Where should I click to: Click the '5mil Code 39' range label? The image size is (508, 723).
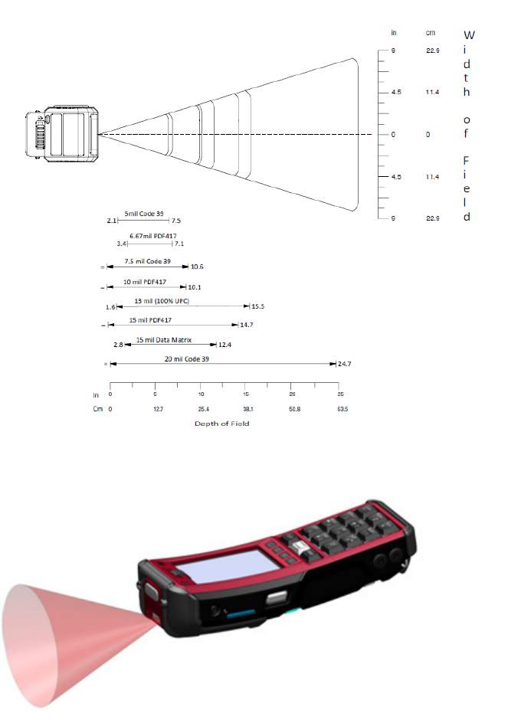tap(143, 214)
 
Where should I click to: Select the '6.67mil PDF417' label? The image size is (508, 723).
tap(152, 236)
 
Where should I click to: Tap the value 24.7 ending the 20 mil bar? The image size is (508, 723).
tap(344, 364)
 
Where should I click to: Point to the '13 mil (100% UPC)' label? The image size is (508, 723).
tap(162, 301)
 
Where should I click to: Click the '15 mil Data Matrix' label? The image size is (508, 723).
tap(164, 340)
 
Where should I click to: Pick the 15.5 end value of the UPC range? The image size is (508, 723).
tap(258, 306)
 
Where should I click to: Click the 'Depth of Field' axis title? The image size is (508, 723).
tap(222, 424)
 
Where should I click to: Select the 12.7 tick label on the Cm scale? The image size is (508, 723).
tap(159, 409)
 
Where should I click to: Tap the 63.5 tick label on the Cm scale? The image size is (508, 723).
tap(342, 409)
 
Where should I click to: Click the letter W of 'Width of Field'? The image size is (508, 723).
tap(469, 35)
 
